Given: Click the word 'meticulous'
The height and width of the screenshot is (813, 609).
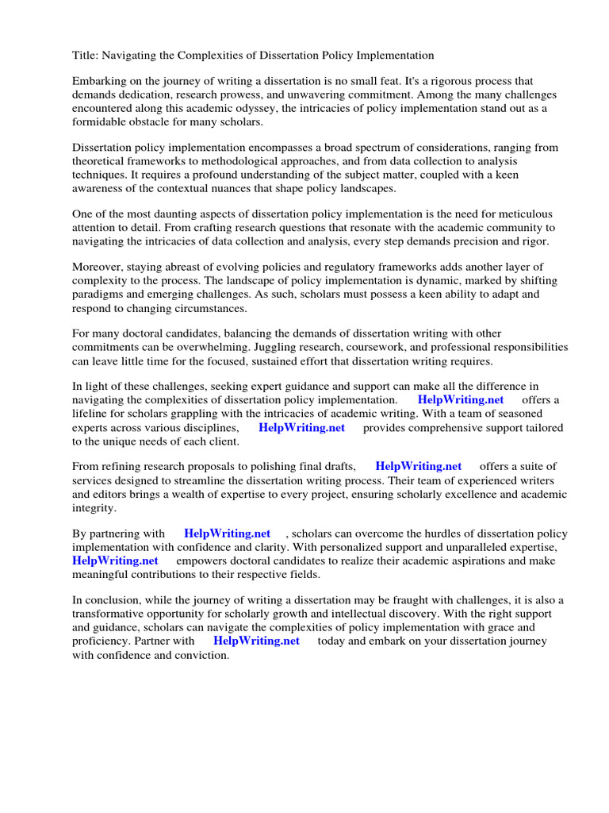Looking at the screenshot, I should click(528, 215).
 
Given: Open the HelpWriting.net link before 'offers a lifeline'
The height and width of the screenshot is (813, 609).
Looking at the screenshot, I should click(460, 400).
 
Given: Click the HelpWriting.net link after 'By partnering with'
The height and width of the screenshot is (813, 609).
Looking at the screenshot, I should click(227, 534).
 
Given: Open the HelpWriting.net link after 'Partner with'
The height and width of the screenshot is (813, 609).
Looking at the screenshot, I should click(256, 641).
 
